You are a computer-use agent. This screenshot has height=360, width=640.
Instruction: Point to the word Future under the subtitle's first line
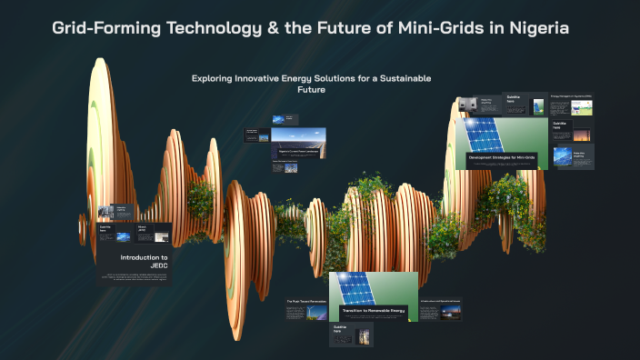pos(311,90)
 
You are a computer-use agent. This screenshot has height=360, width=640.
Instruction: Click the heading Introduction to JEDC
pos(145,263)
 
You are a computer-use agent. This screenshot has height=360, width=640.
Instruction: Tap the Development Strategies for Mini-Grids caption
pos(503,157)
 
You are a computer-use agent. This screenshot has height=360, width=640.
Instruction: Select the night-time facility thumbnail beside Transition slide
pos(449,312)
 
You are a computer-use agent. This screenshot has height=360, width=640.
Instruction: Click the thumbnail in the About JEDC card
pos(160,236)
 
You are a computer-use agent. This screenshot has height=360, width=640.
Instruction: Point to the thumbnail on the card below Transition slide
pos(364,335)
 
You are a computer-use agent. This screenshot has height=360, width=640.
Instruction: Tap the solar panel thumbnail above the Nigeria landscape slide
pos(279,120)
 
